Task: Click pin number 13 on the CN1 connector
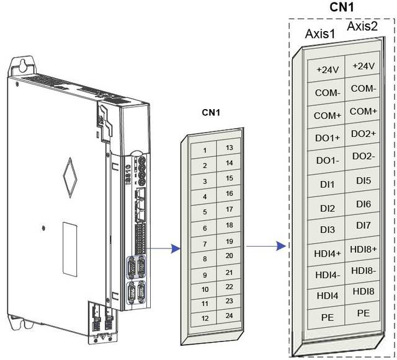tap(229, 147)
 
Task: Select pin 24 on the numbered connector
tap(229, 316)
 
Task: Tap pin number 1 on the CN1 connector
tap(204, 151)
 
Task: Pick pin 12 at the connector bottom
tap(204, 319)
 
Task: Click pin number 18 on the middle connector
tap(229, 225)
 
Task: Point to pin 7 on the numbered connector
tap(204, 243)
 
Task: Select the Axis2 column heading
tap(363, 27)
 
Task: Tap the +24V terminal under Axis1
tap(328, 69)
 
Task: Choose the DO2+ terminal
tap(363, 133)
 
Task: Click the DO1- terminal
tap(328, 160)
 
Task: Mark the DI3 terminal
tap(328, 230)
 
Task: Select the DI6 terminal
tap(363, 204)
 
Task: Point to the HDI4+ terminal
tap(328, 253)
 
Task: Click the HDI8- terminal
tap(363, 270)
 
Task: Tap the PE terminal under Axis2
tap(363, 314)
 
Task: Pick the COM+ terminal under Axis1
tap(328, 115)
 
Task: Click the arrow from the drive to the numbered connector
tap(166, 248)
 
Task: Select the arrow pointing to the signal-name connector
tap(265, 245)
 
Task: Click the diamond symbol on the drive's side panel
tap(72, 174)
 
